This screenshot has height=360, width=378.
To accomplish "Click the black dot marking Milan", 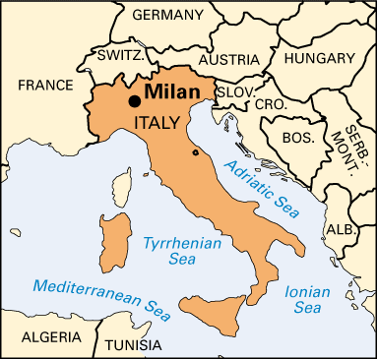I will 133,100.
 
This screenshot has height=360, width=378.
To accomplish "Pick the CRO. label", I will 271,103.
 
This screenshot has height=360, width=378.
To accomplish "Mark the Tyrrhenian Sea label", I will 171,251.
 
